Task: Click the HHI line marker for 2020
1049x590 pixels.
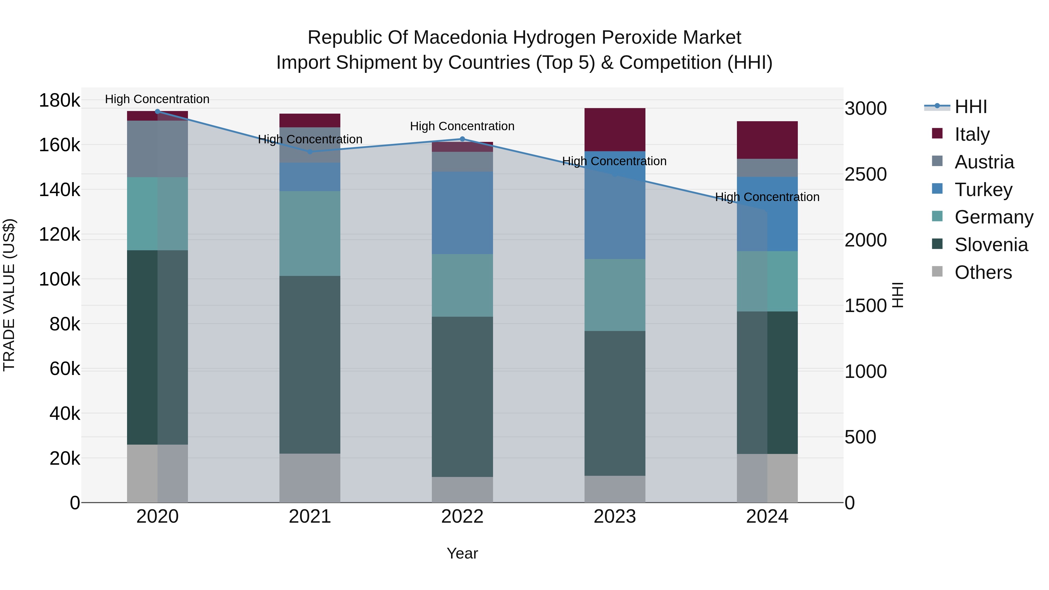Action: [158, 111]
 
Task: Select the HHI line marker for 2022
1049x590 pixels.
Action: [462, 139]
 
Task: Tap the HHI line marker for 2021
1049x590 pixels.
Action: [310, 152]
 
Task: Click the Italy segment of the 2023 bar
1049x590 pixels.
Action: [615, 129]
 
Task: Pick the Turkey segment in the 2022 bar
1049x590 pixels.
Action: [462, 213]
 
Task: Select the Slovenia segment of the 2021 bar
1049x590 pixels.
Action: [310, 364]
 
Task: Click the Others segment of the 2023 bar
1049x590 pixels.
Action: [615, 489]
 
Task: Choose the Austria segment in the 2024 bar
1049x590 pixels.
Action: [767, 168]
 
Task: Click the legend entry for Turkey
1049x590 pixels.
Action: [983, 190]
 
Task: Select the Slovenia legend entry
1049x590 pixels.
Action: [991, 245]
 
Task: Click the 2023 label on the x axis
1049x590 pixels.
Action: [615, 517]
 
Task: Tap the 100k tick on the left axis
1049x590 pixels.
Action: [59, 279]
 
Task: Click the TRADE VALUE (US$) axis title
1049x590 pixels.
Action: [9, 295]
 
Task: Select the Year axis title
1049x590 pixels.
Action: [462, 553]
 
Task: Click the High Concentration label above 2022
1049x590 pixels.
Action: [462, 126]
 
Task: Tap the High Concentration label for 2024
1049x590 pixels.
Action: [767, 197]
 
